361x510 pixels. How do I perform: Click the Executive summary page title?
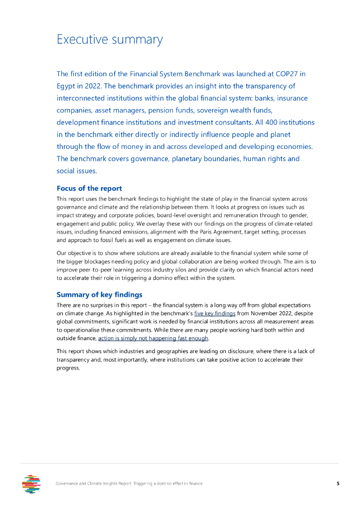point(110,39)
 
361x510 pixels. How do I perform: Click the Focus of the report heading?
point(89,188)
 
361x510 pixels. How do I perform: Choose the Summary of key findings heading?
point(99,294)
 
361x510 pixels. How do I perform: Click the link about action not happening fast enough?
point(153,339)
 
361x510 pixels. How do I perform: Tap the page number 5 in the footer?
point(338,484)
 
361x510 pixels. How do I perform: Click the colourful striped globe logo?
point(31,484)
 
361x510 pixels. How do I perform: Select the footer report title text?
point(129,484)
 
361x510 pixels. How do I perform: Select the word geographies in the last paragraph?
point(150,351)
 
